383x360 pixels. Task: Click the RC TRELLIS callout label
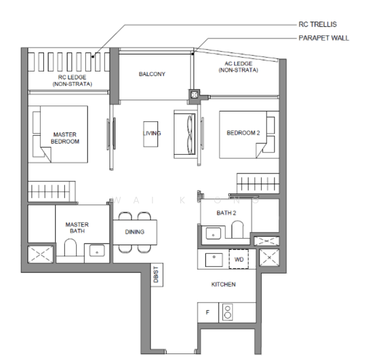pos(318,25)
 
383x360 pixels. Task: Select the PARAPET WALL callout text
pos(324,38)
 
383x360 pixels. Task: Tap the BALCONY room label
pos(152,74)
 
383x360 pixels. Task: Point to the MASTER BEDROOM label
pos(65,138)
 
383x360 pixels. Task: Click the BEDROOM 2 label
pos(243,133)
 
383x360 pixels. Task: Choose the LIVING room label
pos(152,133)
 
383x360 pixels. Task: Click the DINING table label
pos(134,232)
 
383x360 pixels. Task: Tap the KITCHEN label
pos(223,284)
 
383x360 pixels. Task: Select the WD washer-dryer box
pos(239,259)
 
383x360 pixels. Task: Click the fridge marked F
pos(208,313)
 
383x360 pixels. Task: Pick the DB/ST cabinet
pos(157,275)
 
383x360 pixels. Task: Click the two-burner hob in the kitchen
pos(228,312)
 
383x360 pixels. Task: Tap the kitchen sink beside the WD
pos(214,260)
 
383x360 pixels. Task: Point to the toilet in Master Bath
pos(70,247)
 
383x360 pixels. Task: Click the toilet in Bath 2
pos(237,229)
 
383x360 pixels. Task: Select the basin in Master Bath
pos(97,251)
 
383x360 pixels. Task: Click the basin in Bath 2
pos(214,233)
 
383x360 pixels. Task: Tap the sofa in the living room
pos(185,134)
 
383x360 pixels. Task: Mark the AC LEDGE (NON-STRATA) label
pos(238,67)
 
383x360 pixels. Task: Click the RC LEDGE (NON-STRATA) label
pos(72,81)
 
